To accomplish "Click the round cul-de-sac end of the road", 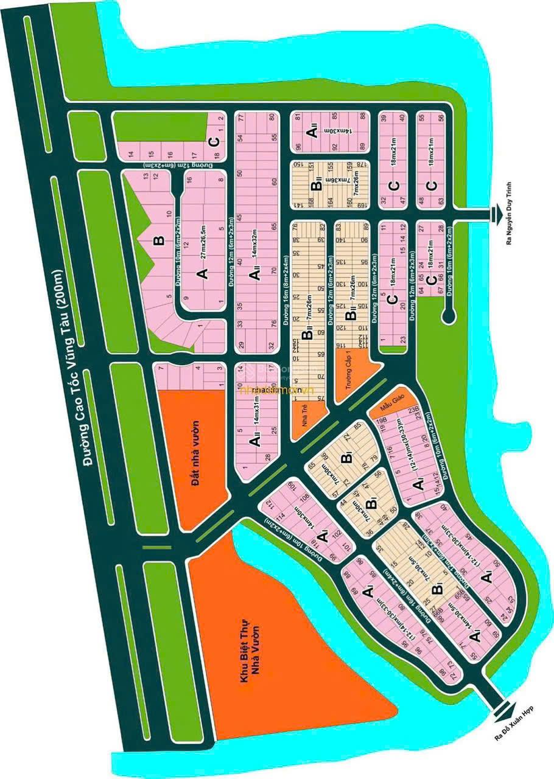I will pos(448,315).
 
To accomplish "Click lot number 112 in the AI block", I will pos(264,501).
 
